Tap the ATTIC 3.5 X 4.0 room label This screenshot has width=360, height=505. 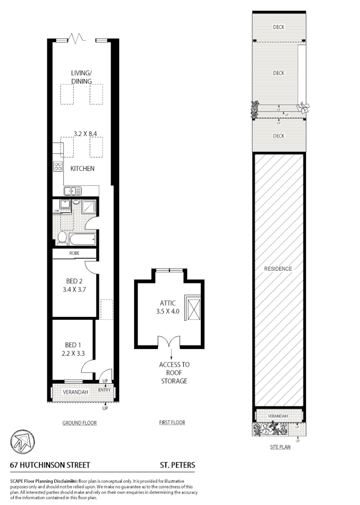point(168,308)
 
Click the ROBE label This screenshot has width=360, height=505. point(74,254)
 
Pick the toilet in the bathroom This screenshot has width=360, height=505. point(62,237)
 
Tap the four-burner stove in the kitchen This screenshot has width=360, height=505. point(58,166)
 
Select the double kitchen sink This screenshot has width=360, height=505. point(73,191)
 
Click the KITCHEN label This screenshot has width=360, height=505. point(82,169)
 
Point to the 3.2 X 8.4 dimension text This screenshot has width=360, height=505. point(85,134)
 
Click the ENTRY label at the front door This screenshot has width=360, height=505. point(104,390)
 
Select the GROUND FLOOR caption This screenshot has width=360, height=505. point(79,423)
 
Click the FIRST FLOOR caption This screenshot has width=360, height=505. point(172,422)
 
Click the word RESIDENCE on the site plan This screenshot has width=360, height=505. point(278,269)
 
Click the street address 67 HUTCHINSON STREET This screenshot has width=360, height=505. point(50,465)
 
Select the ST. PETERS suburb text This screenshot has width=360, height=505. point(177,465)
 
